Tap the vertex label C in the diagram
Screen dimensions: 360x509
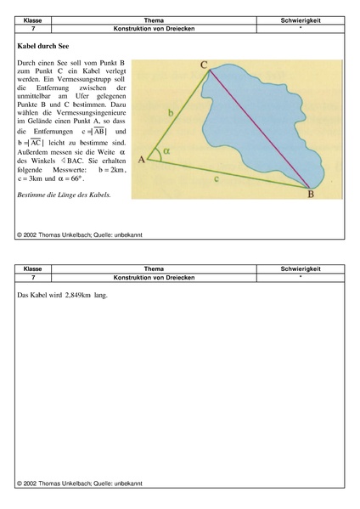tap(205, 64)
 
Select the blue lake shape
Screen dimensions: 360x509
tap(272, 110)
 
